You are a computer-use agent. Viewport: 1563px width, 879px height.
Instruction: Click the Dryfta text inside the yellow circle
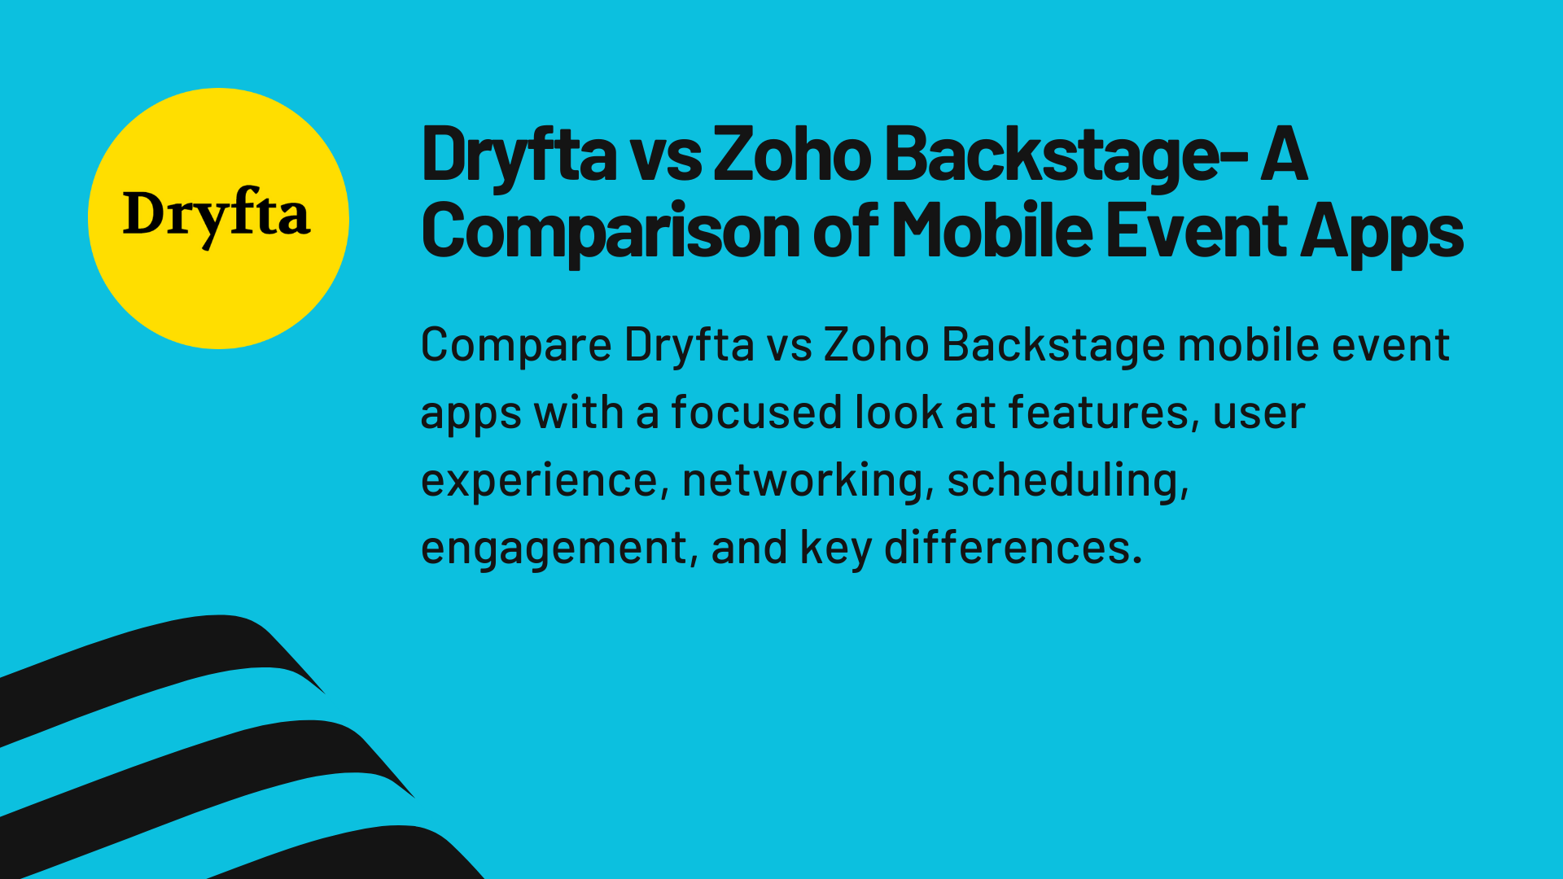217,215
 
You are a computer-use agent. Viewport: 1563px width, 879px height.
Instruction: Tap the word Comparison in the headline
610,232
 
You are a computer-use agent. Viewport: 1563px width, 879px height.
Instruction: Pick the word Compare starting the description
516,345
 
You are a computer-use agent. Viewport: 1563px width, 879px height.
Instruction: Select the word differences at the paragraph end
1013,547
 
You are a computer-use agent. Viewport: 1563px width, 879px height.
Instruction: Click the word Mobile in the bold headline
991,230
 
